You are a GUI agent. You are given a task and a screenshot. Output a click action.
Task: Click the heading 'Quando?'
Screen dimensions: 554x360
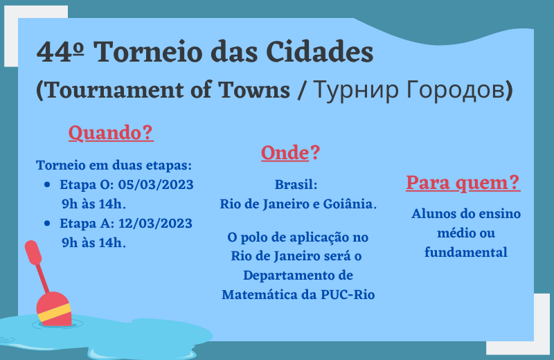[111, 133]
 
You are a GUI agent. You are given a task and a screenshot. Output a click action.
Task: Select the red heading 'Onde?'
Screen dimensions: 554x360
[290, 153]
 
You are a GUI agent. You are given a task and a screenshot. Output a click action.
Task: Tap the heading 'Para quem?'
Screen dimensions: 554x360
[463, 183]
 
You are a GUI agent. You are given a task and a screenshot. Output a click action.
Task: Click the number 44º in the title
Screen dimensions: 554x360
[60, 52]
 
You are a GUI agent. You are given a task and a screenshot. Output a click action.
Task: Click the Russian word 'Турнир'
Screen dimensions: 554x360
[356, 90]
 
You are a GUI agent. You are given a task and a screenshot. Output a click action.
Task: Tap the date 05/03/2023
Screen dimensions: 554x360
[156, 184]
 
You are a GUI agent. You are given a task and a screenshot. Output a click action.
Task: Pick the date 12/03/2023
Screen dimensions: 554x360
[155, 224]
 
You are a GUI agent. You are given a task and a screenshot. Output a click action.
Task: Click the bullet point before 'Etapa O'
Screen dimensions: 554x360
[47, 184]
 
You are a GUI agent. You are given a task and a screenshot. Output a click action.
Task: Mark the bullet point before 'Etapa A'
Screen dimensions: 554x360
[47, 224]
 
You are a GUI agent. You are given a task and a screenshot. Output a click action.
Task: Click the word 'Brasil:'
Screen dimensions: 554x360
[296, 184]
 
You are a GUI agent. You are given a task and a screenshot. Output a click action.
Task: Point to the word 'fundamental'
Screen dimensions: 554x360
[465, 252]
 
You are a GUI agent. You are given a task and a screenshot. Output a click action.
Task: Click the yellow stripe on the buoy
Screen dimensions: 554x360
[55, 313]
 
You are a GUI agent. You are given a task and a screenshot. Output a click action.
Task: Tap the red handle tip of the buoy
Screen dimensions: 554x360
[33, 252]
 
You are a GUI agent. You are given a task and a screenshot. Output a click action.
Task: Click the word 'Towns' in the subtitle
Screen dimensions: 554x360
[254, 90]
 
